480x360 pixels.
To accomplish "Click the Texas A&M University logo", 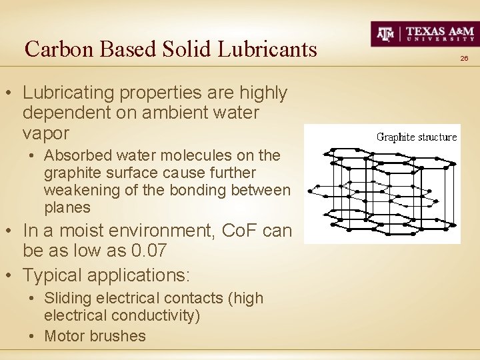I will [x=423, y=33].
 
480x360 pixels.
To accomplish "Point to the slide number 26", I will [x=464, y=59].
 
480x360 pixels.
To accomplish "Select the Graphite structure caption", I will [x=417, y=137].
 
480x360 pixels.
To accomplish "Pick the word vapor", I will [x=45, y=133].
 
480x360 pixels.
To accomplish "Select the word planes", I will [x=67, y=207].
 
